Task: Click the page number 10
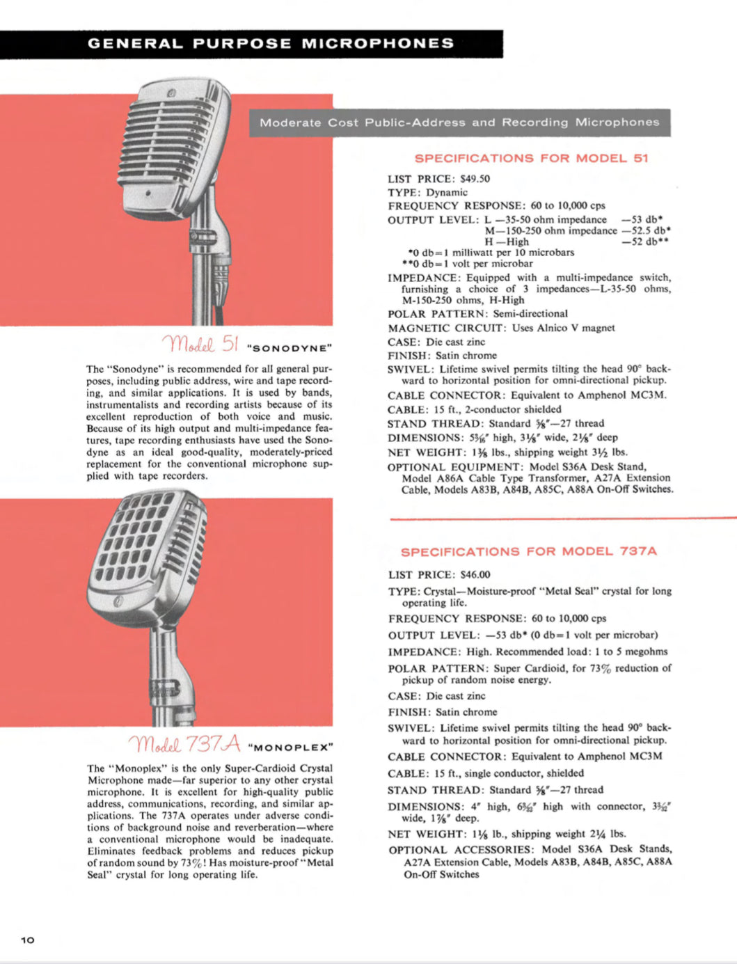click(x=28, y=940)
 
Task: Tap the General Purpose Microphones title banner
click(x=271, y=44)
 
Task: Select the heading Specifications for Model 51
click(x=531, y=158)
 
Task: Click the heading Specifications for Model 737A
click(x=528, y=551)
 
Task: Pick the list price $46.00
click(x=475, y=575)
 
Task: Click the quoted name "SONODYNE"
click(x=290, y=347)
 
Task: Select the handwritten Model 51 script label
click(x=200, y=344)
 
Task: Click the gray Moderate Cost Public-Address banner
click(x=459, y=123)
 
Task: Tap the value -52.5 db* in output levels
click(x=646, y=230)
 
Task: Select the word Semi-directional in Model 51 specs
click(x=530, y=314)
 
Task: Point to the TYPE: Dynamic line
click(x=427, y=192)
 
